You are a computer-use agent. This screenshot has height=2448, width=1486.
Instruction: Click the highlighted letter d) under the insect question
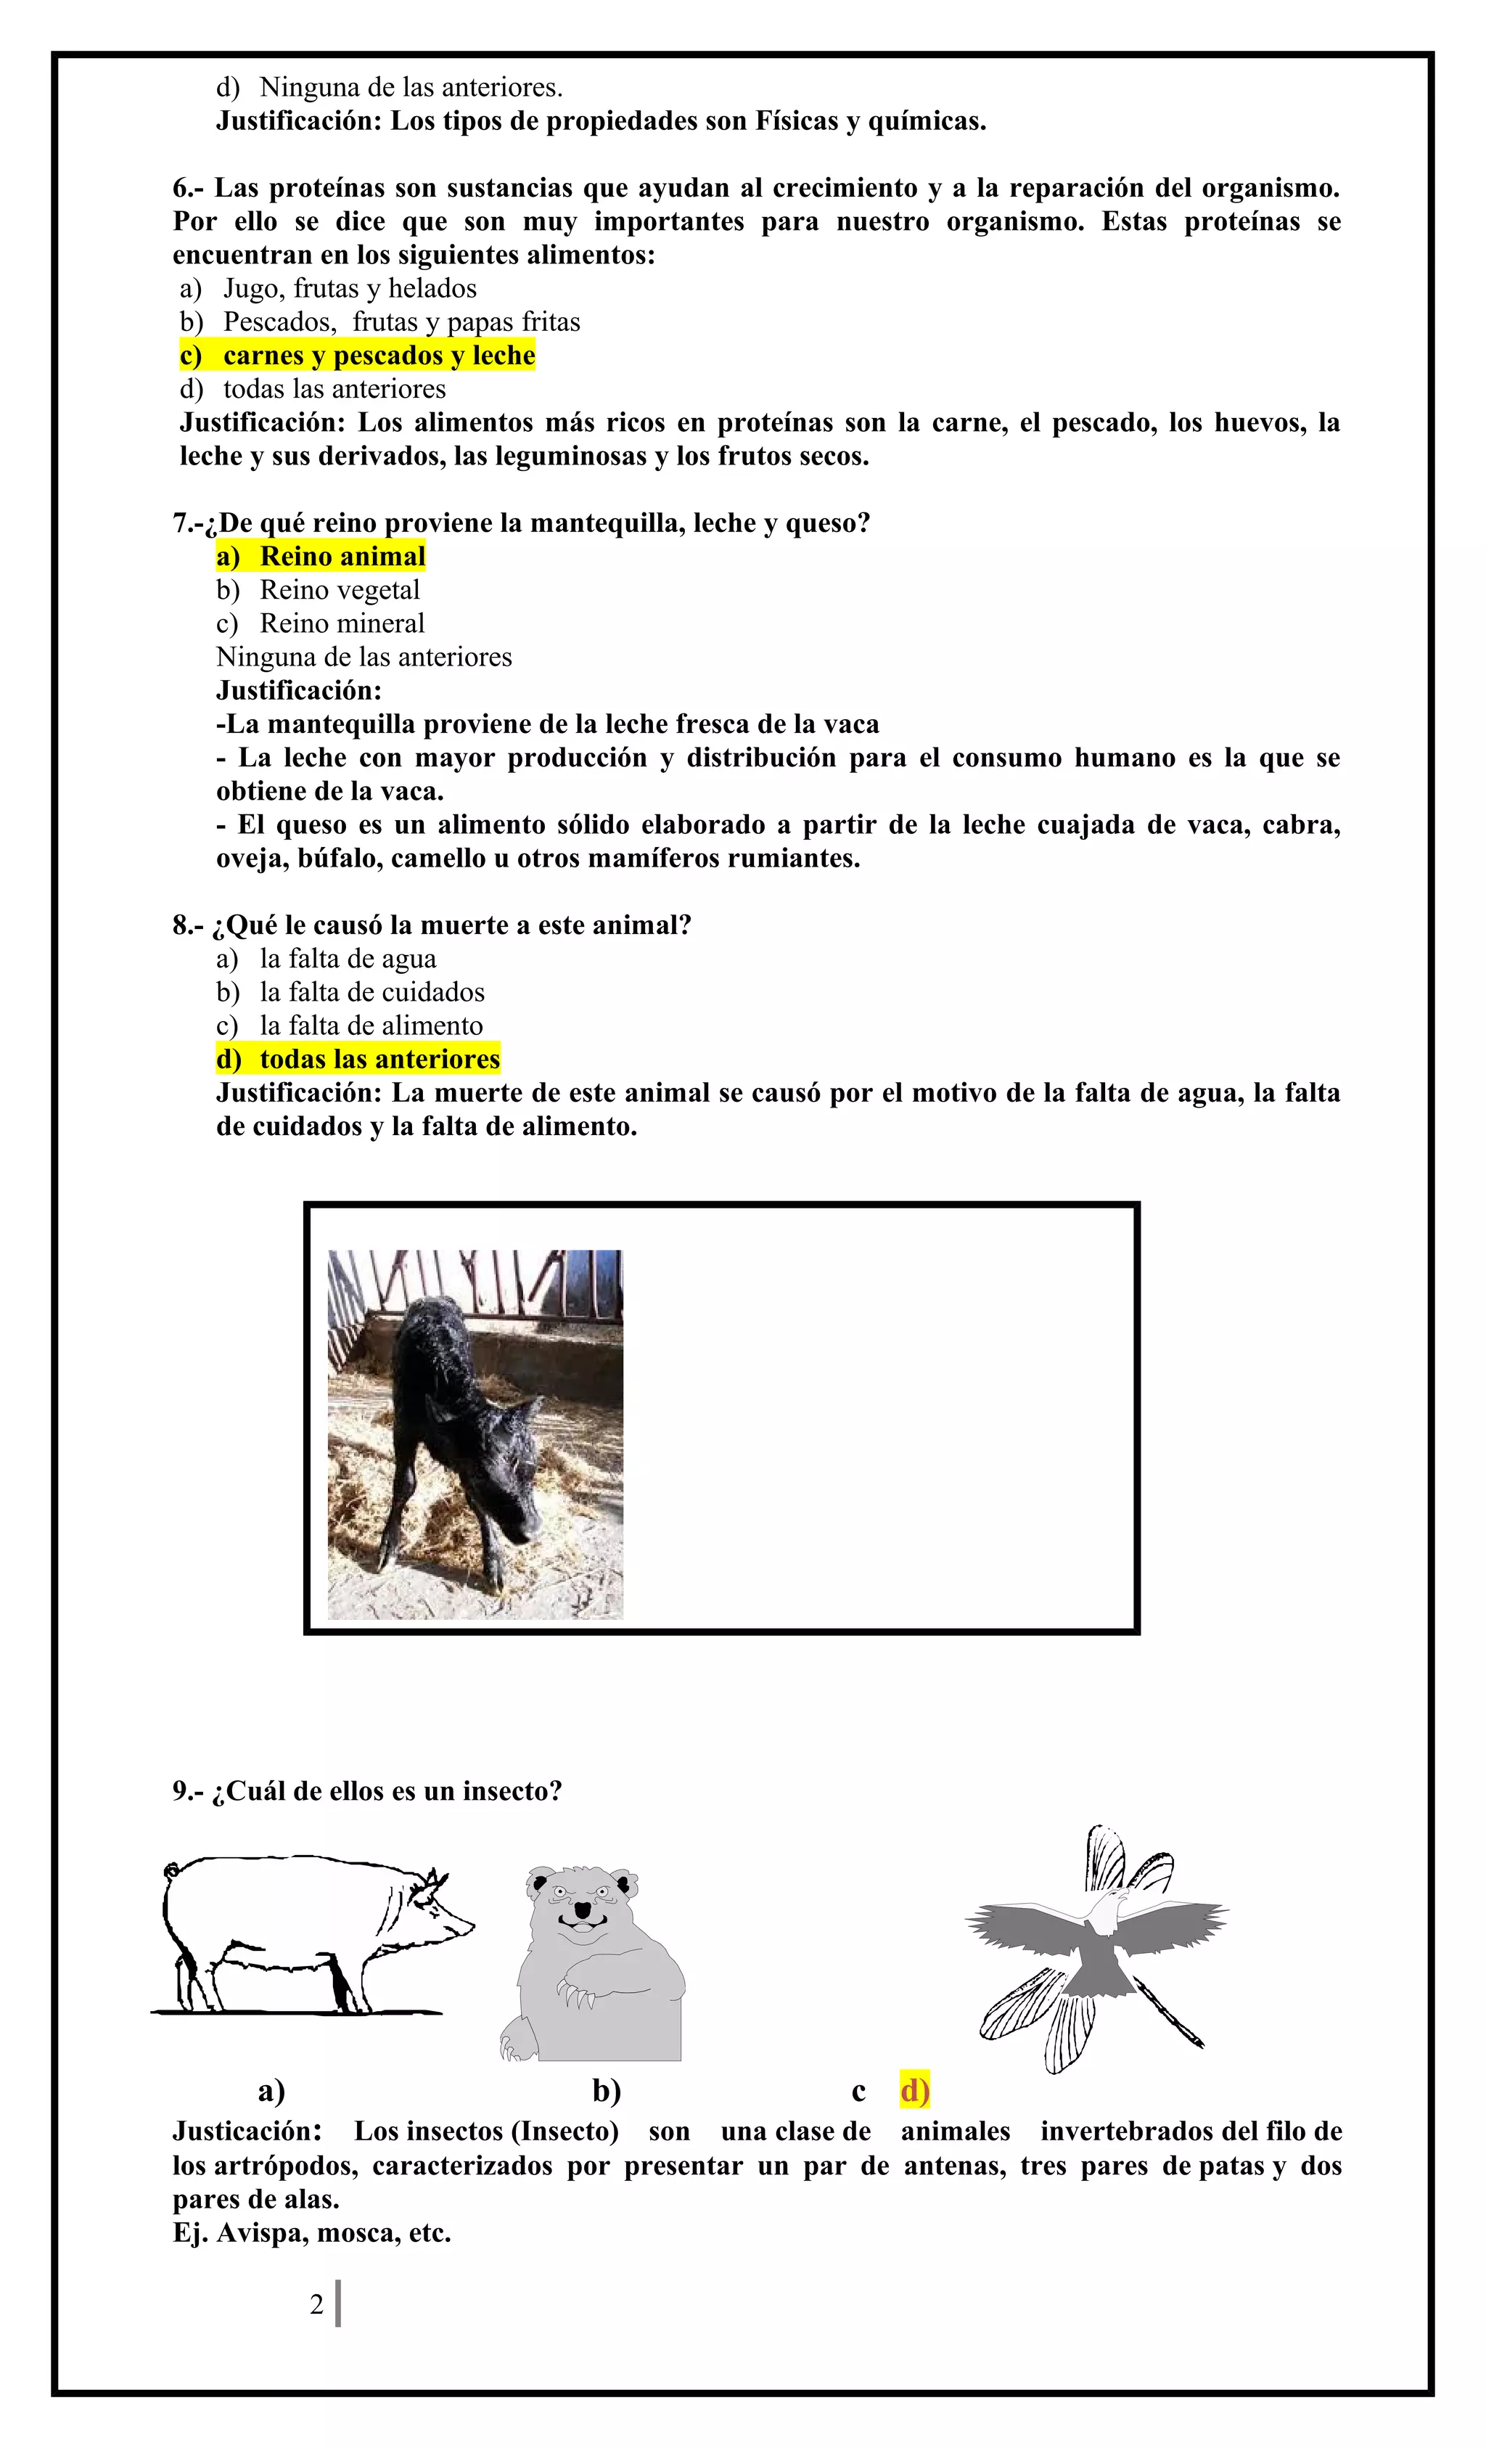pos(914,2090)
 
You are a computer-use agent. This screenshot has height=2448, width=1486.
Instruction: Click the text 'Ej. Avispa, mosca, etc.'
pos(312,2233)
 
